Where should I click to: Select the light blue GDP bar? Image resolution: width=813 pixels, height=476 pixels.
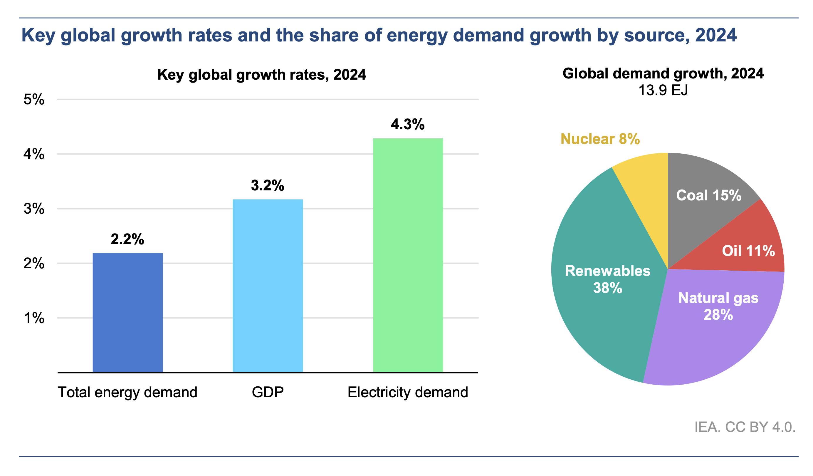click(268, 286)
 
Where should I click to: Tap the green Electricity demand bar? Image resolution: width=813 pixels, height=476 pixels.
click(407, 255)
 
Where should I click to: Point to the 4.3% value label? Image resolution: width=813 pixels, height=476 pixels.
click(407, 125)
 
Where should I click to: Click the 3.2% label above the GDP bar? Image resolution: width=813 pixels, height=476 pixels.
click(268, 185)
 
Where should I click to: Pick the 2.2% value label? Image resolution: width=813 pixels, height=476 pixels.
click(127, 239)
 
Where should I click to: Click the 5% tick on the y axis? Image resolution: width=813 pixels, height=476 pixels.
click(34, 99)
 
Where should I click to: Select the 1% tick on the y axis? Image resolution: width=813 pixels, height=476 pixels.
click(34, 318)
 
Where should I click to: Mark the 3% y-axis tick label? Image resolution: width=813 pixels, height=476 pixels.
click(34, 209)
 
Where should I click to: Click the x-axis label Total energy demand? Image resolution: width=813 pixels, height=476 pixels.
click(127, 392)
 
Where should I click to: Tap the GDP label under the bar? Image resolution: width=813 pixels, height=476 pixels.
click(268, 392)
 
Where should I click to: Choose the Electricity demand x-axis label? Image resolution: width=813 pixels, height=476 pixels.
click(407, 392)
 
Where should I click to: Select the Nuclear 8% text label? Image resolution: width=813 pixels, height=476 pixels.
click(600, 139)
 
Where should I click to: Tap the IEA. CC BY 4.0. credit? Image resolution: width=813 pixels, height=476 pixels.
click(745, 427)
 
